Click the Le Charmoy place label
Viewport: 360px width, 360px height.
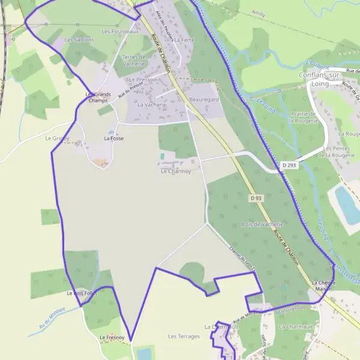tap(175, 171)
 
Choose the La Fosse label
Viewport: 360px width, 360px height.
tap(113, 138)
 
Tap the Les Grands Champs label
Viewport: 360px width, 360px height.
tap(98, 97)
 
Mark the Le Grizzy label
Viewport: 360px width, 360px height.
tap(57, 138)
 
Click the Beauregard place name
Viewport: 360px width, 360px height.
tap(203, 99)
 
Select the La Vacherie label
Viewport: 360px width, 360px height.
tap(151, 104)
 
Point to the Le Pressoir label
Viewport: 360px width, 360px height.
tap(142, 79)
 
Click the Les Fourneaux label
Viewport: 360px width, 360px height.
tap(120, 31)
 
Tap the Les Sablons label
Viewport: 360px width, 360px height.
tap(79, 40)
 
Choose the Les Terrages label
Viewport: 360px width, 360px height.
tap(184, 336)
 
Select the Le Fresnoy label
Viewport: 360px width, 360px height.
tap(112, 338)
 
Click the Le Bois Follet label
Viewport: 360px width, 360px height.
tap(82, 293)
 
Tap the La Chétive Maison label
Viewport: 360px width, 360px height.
tap(325, 286)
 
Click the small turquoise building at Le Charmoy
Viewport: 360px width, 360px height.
tap(162, 157)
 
